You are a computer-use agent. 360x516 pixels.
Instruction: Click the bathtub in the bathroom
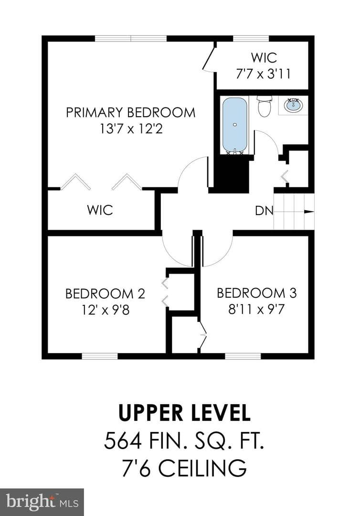point(235,126)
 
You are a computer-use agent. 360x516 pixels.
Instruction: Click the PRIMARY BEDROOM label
point(130,113)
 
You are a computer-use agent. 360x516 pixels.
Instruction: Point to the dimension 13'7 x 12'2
point(131,129)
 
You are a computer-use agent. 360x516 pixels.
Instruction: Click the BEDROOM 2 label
point(105,293)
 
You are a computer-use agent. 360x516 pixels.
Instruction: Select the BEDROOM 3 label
point(257,293)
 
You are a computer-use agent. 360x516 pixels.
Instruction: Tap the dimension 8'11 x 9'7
point(256,309)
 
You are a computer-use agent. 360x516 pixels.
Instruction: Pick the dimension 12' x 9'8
point(106,310)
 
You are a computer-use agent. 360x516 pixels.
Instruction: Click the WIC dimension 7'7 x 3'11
point(264,74)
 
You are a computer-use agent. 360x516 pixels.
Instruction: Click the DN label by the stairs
point(264,211)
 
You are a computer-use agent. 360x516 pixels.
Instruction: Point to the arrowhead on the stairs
point(309,212)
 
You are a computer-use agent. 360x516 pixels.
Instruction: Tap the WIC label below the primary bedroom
point(100,210)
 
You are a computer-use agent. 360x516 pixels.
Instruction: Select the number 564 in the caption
point(123,441)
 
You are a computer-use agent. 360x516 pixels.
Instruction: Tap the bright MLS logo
point(42,502)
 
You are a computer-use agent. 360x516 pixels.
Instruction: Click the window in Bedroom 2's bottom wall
point(100,356)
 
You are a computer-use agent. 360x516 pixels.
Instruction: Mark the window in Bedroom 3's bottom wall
point(243,356)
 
